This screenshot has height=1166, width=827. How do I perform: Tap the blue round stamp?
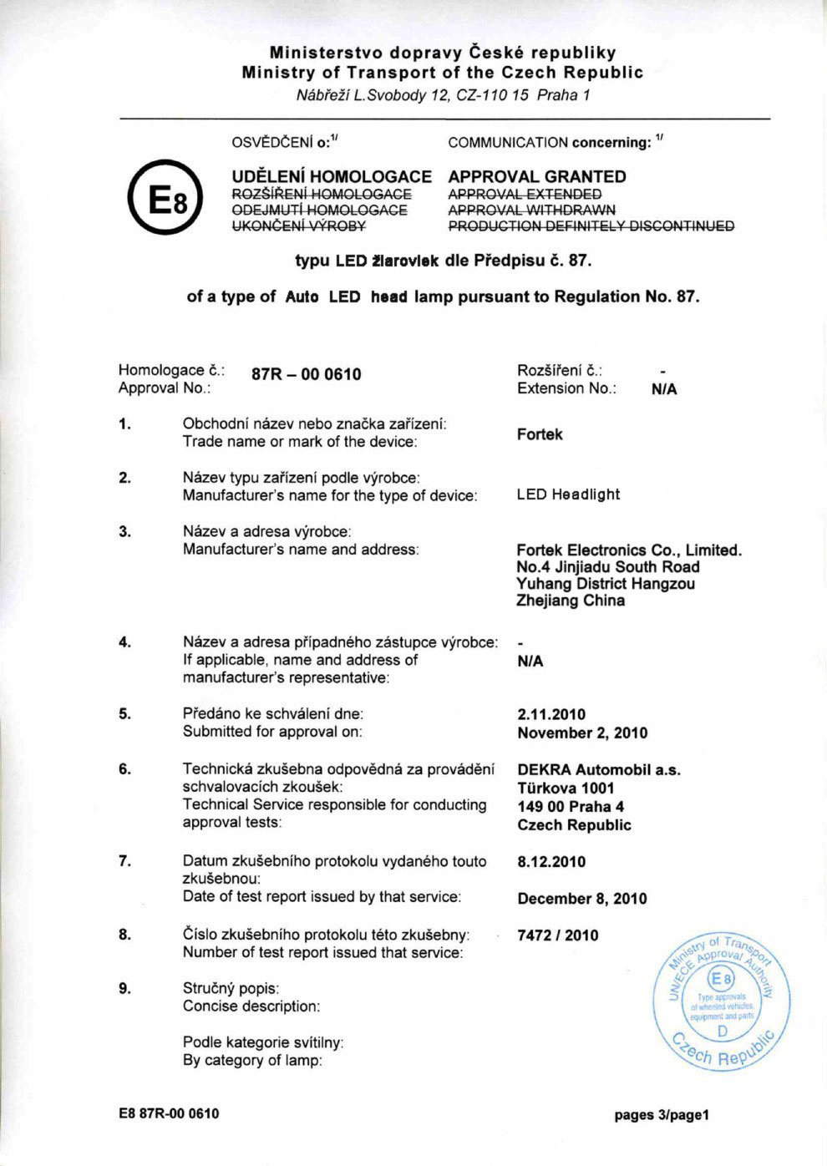722,1002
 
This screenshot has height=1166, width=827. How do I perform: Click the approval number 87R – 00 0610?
307,374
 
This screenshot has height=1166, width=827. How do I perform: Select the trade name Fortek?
540,434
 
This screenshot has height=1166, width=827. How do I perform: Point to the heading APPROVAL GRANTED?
537,176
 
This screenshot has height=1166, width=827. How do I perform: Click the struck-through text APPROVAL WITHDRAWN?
531,210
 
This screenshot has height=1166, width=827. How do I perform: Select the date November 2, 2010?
582,733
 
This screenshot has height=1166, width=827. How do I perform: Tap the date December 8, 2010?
582,899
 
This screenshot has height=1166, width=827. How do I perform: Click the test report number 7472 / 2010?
558,935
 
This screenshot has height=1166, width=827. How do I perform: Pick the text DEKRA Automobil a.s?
598,770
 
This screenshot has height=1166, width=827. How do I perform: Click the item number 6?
124,769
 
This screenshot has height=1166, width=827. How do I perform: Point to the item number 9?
124,988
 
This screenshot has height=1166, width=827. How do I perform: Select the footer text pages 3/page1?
662,1114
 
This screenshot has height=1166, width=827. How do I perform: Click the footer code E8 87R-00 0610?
169,1113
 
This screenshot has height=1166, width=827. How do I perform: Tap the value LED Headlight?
568,494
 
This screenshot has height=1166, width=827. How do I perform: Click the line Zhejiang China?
570,601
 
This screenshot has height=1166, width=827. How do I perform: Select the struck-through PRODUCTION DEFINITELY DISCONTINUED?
591,226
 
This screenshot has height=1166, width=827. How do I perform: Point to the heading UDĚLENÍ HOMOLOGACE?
331,176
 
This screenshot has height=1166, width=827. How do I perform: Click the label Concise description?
251,1006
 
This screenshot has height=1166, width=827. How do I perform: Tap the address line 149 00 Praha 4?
571,807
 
